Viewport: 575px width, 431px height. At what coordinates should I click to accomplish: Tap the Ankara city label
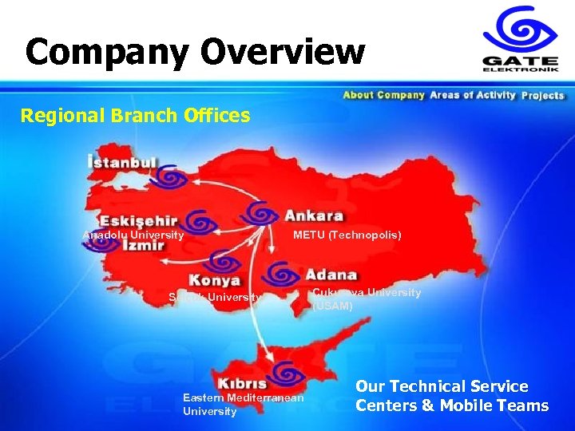(314, 215)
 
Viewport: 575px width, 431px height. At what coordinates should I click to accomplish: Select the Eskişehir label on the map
(137, 221)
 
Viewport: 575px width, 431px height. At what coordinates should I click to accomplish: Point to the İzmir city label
(144, 246)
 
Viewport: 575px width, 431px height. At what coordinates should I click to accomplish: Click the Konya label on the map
(214, 280)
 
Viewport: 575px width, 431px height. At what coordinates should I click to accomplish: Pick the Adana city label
(331, 275)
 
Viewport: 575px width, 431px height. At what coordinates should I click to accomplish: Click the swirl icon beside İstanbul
(170, 176)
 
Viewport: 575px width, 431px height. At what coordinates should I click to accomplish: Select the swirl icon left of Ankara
(260, 212)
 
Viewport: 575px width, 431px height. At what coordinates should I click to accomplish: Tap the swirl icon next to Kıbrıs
(285, 372)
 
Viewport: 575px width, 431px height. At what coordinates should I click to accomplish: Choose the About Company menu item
(383, 96)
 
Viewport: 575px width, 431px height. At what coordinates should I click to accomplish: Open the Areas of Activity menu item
(473, 96)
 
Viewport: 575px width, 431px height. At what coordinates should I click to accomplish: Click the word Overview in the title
(283, 53)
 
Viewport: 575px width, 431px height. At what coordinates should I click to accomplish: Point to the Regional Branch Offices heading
(135, 116)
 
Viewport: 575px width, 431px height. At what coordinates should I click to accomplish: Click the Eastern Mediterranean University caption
(243, 404)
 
